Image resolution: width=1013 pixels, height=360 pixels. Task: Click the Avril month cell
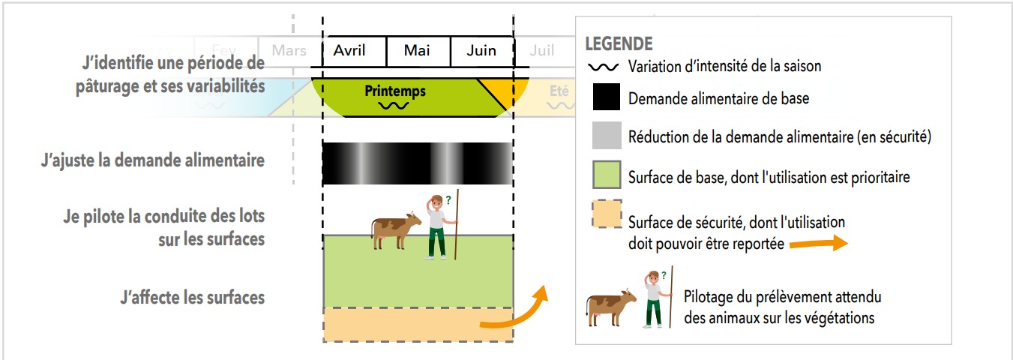pos(349,51)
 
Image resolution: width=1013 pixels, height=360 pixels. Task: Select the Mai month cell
pos(417,51)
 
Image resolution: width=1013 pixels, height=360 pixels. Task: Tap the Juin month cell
pos(481,51)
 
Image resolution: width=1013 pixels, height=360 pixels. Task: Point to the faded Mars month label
pos(289,51)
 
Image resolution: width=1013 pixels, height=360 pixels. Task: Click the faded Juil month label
pos(541,51)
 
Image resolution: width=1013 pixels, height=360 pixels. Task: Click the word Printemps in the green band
pos(394,91)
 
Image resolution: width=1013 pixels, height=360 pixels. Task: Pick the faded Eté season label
pos(559,91)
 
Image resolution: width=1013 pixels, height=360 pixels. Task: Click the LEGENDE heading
pos(619,43)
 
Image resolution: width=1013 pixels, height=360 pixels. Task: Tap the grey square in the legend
pos(607,136)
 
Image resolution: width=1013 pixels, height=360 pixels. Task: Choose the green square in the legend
pos(607,176)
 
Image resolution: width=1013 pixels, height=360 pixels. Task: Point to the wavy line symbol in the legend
pos(604,67)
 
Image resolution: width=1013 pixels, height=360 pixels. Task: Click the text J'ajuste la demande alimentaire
pos(153,160)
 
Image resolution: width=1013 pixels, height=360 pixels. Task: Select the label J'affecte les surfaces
pos(192,298)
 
